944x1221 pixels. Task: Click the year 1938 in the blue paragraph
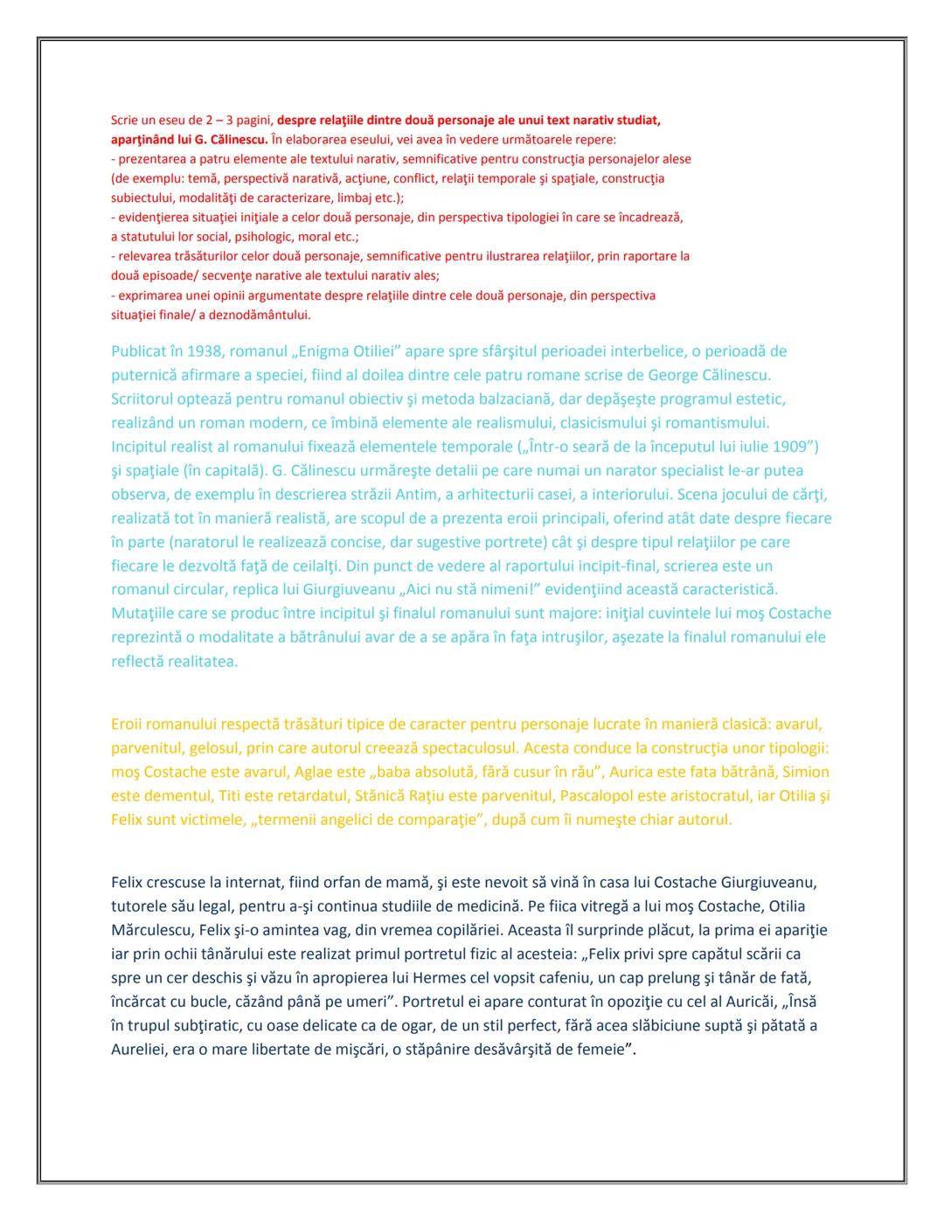click(x=204, y=351)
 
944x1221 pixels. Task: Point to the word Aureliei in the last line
click(x=139, y=1049)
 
